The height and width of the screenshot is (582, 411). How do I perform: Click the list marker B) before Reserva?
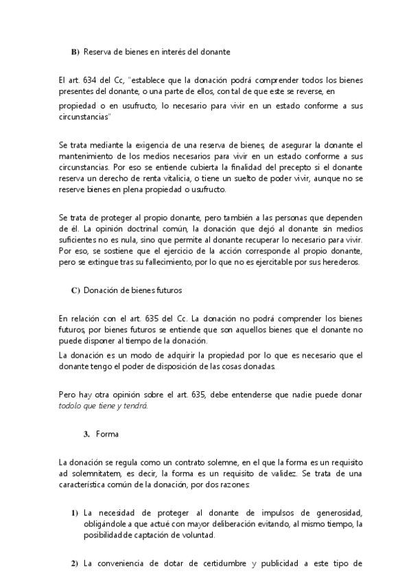75,52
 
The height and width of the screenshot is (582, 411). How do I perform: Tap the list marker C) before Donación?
75,290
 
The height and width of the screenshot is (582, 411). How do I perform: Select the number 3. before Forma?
86,434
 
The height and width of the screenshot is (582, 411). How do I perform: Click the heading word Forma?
108,434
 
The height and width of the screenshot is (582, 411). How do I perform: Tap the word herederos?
332,261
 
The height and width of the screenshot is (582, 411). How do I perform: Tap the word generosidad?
336,513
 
